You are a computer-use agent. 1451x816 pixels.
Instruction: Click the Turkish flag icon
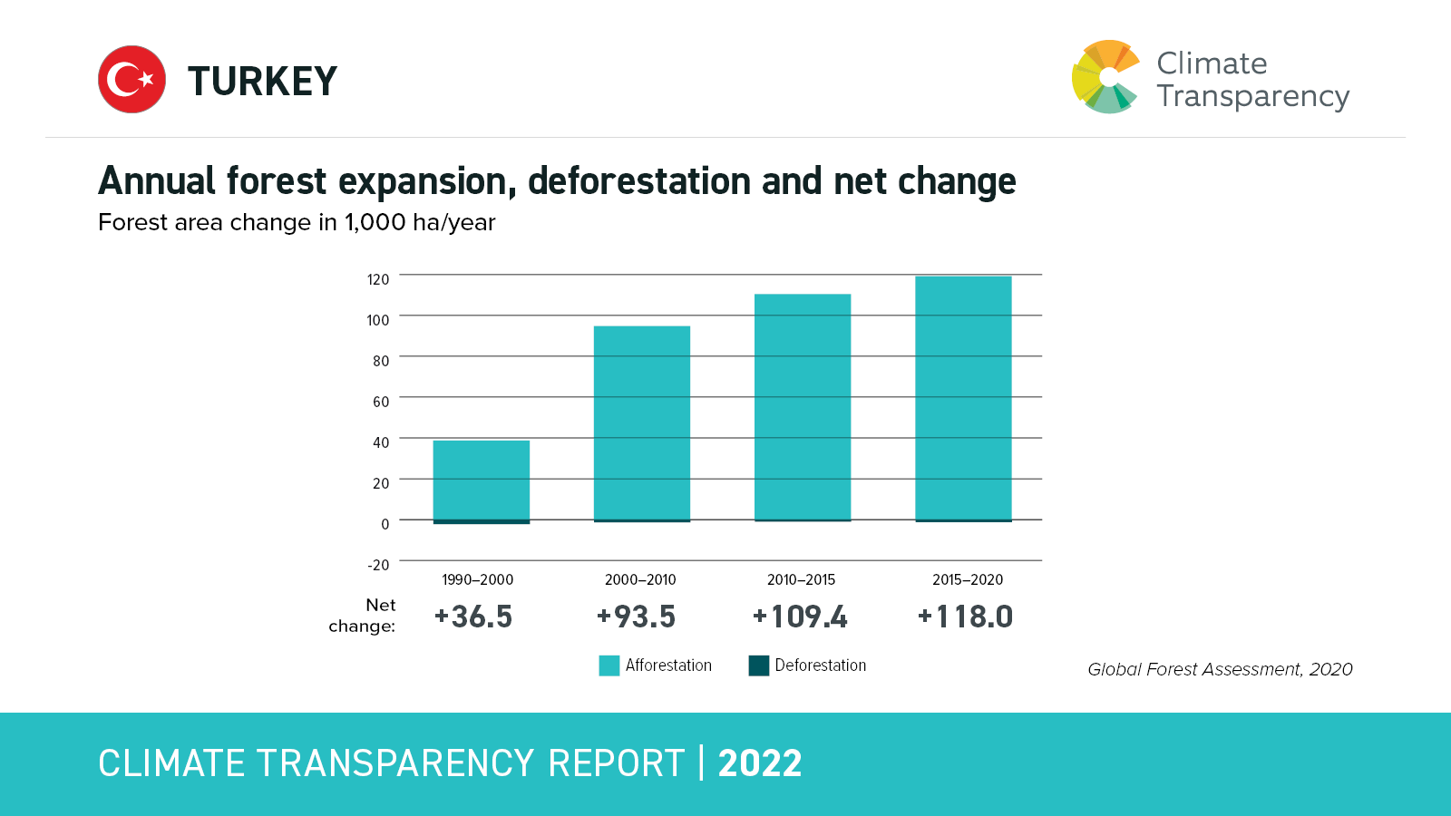(131, 80)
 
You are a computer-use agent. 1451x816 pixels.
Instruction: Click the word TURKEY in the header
(262, 82)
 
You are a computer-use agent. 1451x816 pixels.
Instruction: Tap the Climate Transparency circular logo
(1105, 77)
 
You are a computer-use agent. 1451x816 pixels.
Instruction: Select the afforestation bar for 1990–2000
(481, 480)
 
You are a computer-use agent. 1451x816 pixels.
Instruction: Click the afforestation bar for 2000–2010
(641, 423)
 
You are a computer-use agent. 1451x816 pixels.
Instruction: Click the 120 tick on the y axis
(378, 279)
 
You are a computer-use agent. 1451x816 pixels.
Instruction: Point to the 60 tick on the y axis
(381, 402)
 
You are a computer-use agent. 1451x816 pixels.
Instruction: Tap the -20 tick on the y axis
(378, 565)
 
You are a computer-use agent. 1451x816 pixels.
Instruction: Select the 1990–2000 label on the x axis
(477, 580)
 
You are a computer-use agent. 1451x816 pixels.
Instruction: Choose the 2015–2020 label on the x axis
(968, 580)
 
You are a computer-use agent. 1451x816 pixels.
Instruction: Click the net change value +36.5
(473, 617)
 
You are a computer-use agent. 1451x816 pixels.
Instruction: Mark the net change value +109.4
(800, 617)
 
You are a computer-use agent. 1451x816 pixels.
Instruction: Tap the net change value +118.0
(965, 617)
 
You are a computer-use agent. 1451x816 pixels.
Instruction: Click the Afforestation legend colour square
(609, 665)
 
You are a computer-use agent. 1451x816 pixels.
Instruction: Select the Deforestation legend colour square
(758, 665)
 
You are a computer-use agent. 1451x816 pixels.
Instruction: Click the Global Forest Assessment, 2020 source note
(1220, 669)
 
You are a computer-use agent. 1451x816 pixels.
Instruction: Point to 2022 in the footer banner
(760, 763)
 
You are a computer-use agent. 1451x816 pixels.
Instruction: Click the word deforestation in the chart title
(641, 181)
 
